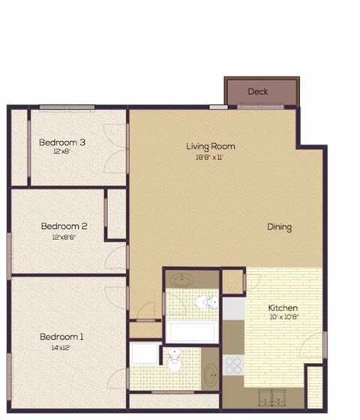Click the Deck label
pyautogui.click(x=258, y=91)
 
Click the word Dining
pyautogui.click(x=279, y=227)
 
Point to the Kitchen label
pyautogui.click(x=283, y=308)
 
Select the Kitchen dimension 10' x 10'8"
pyautogui.click(x=283, y=318)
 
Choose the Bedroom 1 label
pyautogui.click(x=61, y=337)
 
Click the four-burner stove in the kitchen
pyautogui.click(x=233, y=365)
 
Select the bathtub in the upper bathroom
pyautogui.click(x=191, y=331)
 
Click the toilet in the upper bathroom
pyautogui.click(x=204, y=302)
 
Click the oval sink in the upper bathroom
pyautogui.click(x=181, y=280)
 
